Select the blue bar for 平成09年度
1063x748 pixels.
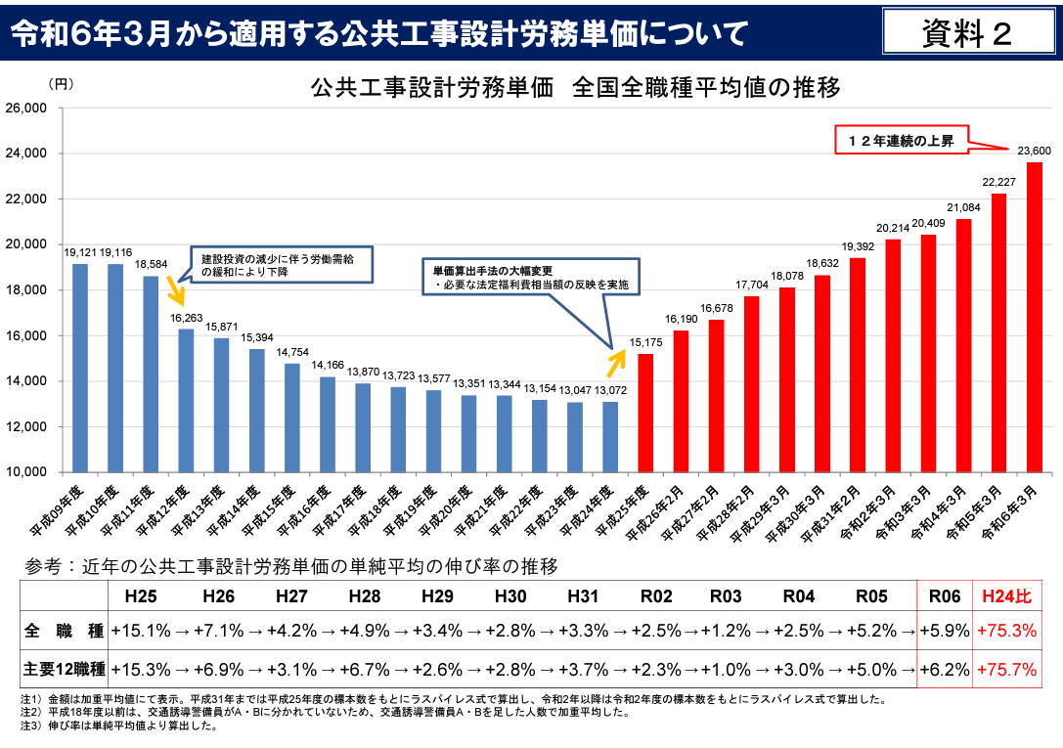point(80,368)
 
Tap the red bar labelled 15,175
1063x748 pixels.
point(645,412)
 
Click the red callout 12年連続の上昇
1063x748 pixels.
point(901,141)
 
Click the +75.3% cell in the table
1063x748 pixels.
point(1006,632)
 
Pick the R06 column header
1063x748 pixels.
point(944,596)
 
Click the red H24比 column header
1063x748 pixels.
point(1006,596)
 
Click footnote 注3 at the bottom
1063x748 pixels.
point(117,726)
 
